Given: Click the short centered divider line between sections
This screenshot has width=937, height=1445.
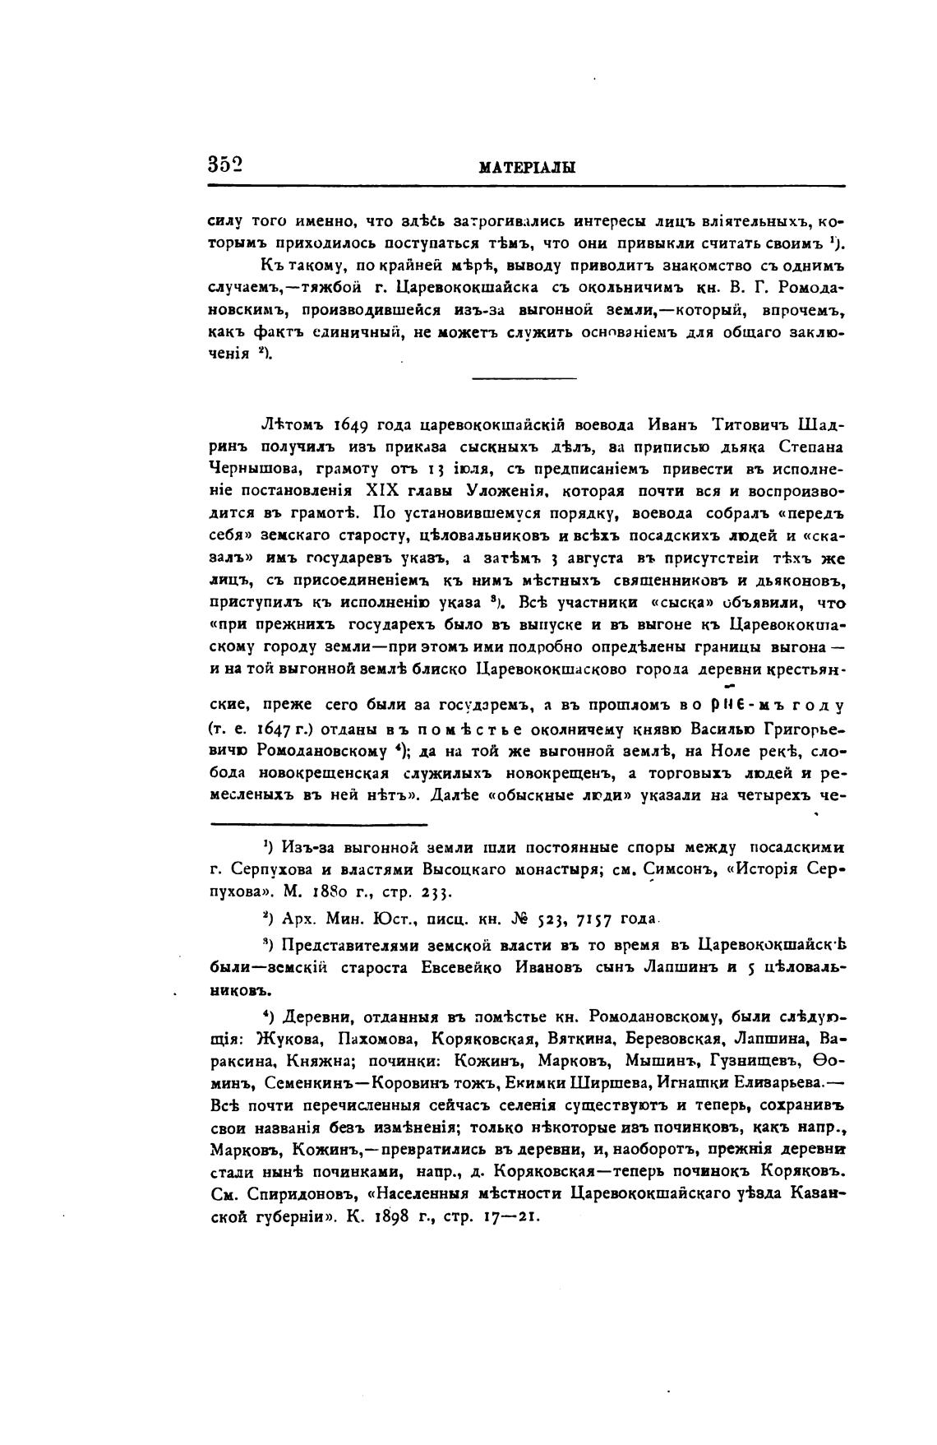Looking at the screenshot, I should [525, 378].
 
